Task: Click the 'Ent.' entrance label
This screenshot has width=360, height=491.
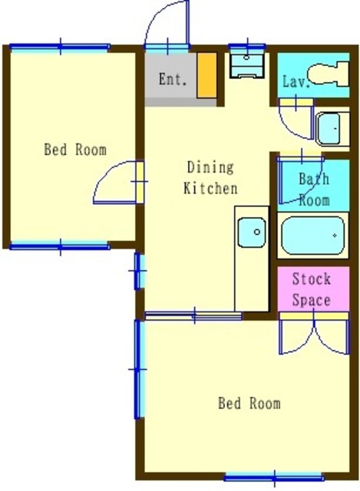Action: [x=173, y=79]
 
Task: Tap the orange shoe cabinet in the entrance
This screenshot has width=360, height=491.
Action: [x=206, y=75]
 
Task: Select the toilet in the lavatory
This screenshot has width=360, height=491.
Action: [x=328, y=74]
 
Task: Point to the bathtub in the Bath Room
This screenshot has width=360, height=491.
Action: [x=312, y=236]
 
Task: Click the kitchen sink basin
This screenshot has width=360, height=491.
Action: [x=252, y=232]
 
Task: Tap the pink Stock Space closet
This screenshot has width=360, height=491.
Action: [x=313, y=288]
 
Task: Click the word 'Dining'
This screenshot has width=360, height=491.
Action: [x=210, y=167]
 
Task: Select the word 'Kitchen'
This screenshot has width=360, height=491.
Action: [x=210, y=188]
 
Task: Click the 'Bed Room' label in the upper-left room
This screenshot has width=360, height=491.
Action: [x=75, y=150]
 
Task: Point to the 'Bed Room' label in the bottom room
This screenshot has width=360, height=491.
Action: [x=249, y=403]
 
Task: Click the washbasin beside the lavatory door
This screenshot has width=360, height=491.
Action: [x=332, y=129]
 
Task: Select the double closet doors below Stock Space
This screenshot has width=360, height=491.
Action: [x=314, y=334]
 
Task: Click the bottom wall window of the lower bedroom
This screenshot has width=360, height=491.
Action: [x=273, y=478]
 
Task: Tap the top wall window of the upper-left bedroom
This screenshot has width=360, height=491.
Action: [x=60, y=48]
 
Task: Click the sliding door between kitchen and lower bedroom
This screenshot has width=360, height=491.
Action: [x=193, y=315]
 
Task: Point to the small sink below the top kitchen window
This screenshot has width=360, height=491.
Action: [x=247, y=65]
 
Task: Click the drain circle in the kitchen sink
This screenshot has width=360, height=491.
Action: [x=257, y=232]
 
